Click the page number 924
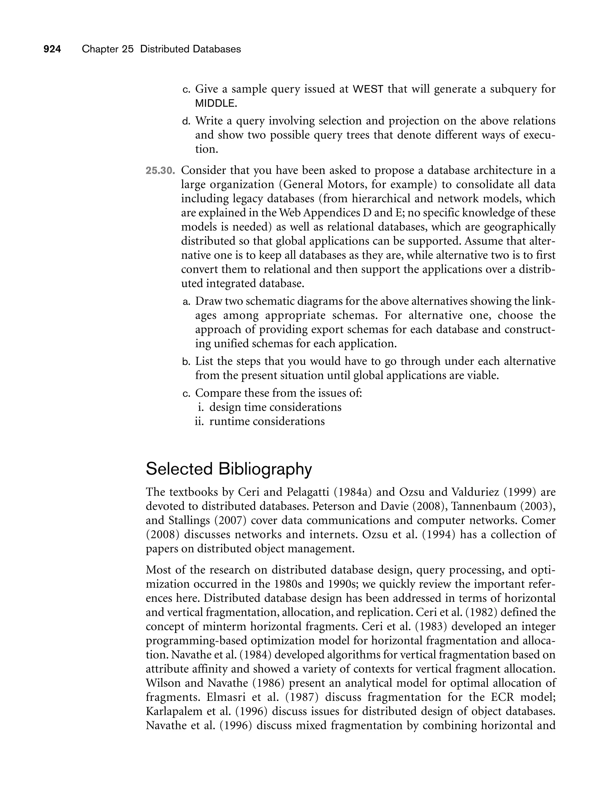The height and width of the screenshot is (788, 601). point(52,49)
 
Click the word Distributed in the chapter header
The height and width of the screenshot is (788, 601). point(165,49)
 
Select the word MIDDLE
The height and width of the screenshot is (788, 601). point(215,104)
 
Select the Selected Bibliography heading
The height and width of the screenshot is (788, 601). point(229,469)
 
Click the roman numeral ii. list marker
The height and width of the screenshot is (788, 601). point(199,421)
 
